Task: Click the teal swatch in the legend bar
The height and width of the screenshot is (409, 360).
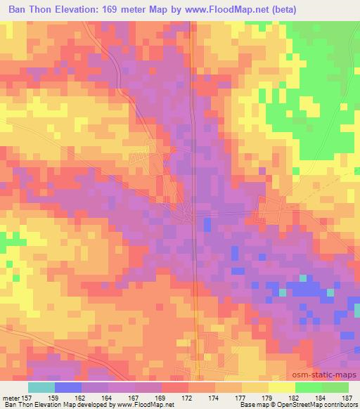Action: [41, 387]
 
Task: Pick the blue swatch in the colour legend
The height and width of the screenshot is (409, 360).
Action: [68, 387]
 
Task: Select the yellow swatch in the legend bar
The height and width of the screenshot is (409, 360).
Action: [281, 387]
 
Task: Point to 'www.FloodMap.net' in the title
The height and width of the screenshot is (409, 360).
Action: [221, 10]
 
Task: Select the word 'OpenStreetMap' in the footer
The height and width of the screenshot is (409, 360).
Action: [296, 405]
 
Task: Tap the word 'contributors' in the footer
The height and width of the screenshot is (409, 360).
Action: [340, 405]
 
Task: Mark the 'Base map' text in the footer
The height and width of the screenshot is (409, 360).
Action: [247, 405]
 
